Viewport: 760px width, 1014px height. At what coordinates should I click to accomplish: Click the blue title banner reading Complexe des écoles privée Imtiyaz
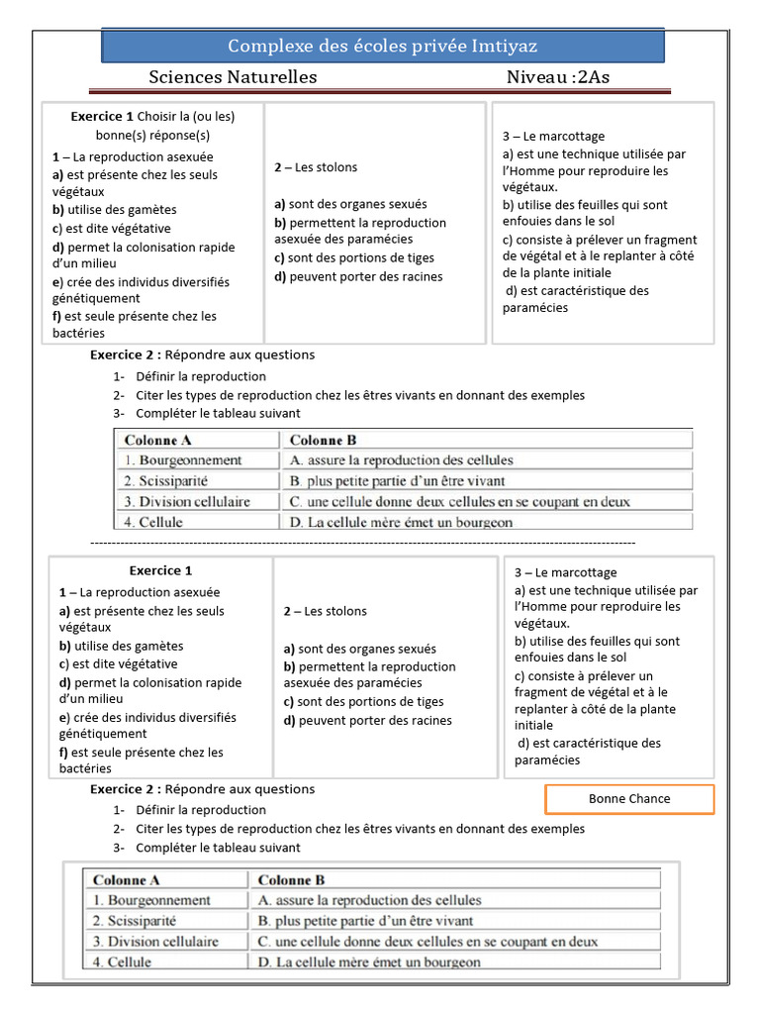383,47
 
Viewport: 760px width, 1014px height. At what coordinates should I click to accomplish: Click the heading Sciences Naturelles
233,77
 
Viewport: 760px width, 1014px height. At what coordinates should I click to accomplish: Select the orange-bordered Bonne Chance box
629,799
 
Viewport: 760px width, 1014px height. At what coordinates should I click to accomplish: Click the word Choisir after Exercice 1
158,116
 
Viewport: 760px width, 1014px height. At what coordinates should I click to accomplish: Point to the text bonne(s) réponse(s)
152,136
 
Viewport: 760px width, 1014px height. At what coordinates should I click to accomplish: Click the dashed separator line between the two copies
362,544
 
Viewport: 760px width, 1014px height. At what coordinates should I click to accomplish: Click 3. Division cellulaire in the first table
186,501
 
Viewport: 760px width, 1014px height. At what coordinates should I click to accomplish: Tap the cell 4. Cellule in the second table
123,962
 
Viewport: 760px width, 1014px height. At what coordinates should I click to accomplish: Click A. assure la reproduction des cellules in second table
369,900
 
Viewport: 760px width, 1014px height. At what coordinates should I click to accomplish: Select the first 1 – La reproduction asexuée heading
133,156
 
